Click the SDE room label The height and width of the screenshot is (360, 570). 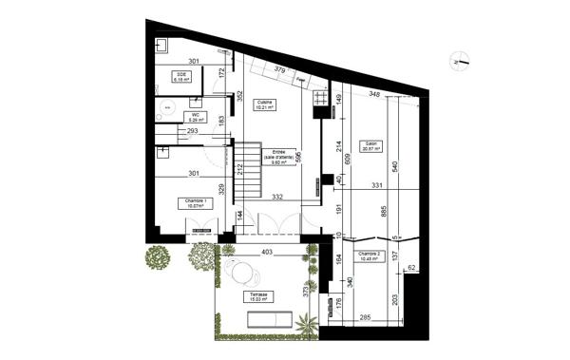tap(180, 77)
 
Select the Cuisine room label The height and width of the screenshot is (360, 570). tap(265, 104)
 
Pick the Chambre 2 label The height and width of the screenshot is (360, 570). tap(371, 256)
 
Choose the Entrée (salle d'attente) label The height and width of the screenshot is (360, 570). tap(278, 156)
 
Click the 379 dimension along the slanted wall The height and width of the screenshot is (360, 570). tap(279, 69)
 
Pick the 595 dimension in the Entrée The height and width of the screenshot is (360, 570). tap(297, 158)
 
